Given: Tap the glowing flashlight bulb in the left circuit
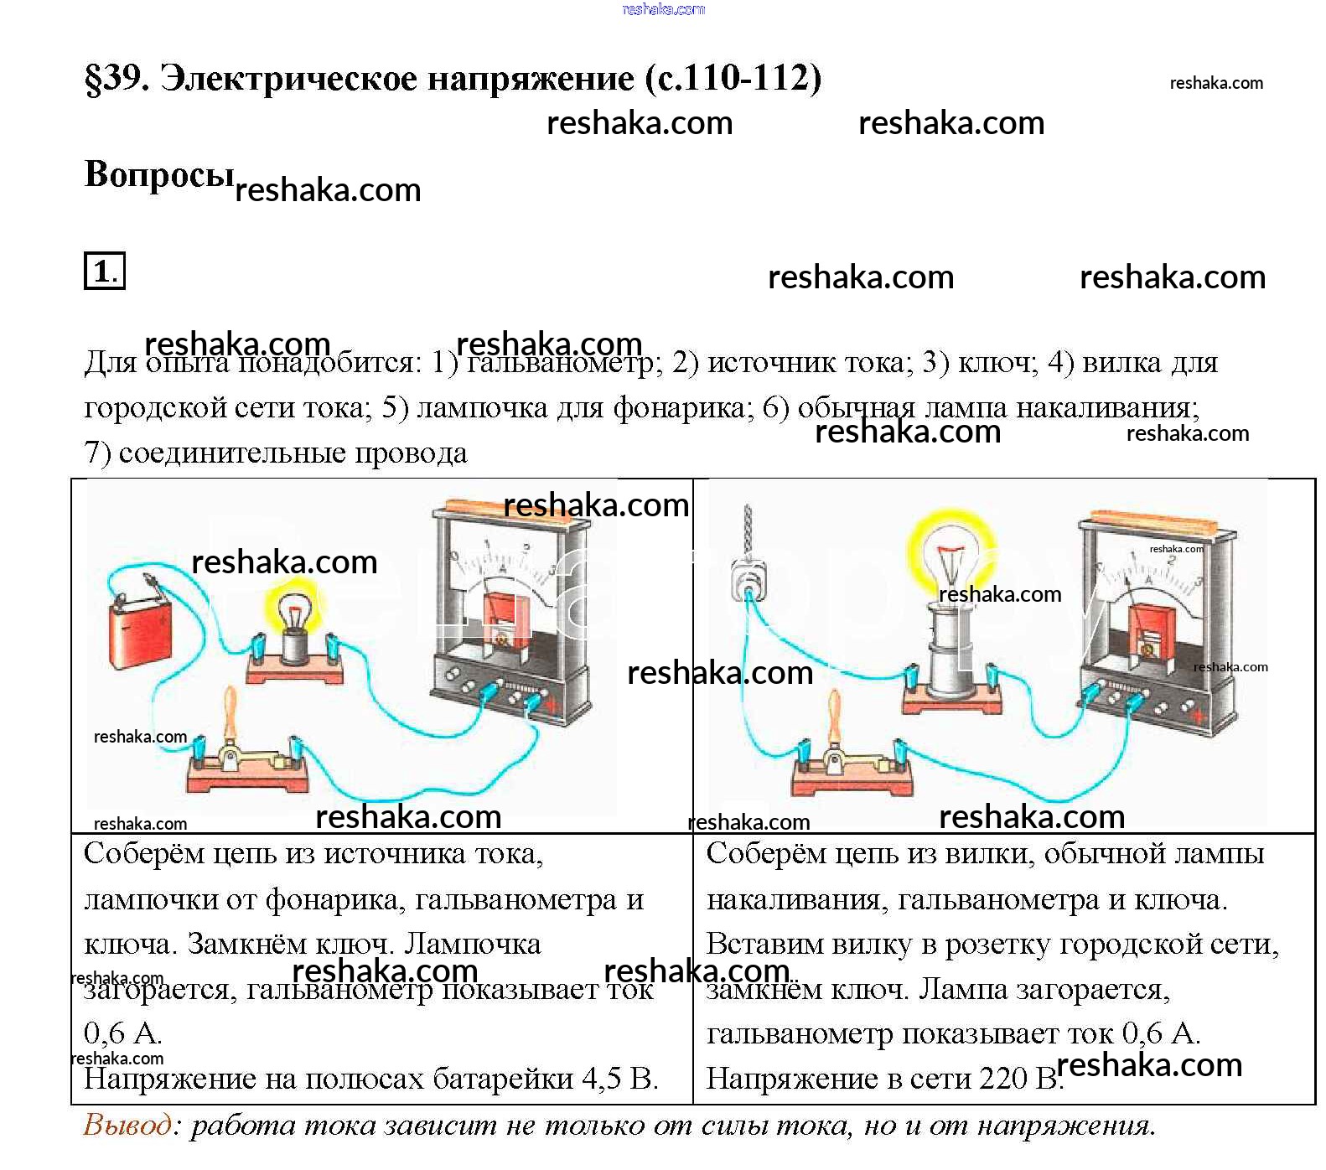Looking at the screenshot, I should pos(293,613).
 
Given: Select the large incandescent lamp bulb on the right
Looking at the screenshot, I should pos(950,553).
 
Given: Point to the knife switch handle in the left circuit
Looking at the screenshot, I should pos(230,712).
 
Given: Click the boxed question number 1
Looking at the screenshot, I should pos(104,271).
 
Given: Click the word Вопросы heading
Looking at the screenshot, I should pos(158,174).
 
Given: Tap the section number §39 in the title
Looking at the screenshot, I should pos(117,78).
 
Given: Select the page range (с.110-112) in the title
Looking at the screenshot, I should pos(733,78).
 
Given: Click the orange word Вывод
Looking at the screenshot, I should pos(127,1124).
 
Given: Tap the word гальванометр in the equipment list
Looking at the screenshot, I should pos(561,362).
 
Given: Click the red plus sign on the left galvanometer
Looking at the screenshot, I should pos(552,706).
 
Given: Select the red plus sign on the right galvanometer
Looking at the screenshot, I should pos(1199,716).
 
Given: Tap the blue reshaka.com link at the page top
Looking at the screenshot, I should pos(663,9).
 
